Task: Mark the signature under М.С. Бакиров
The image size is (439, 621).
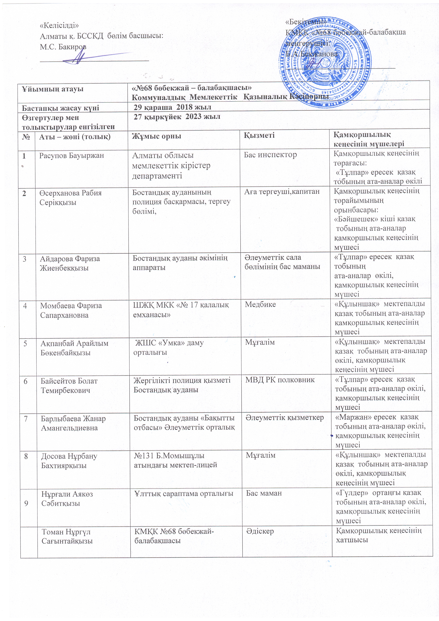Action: (x=81, y=57)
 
